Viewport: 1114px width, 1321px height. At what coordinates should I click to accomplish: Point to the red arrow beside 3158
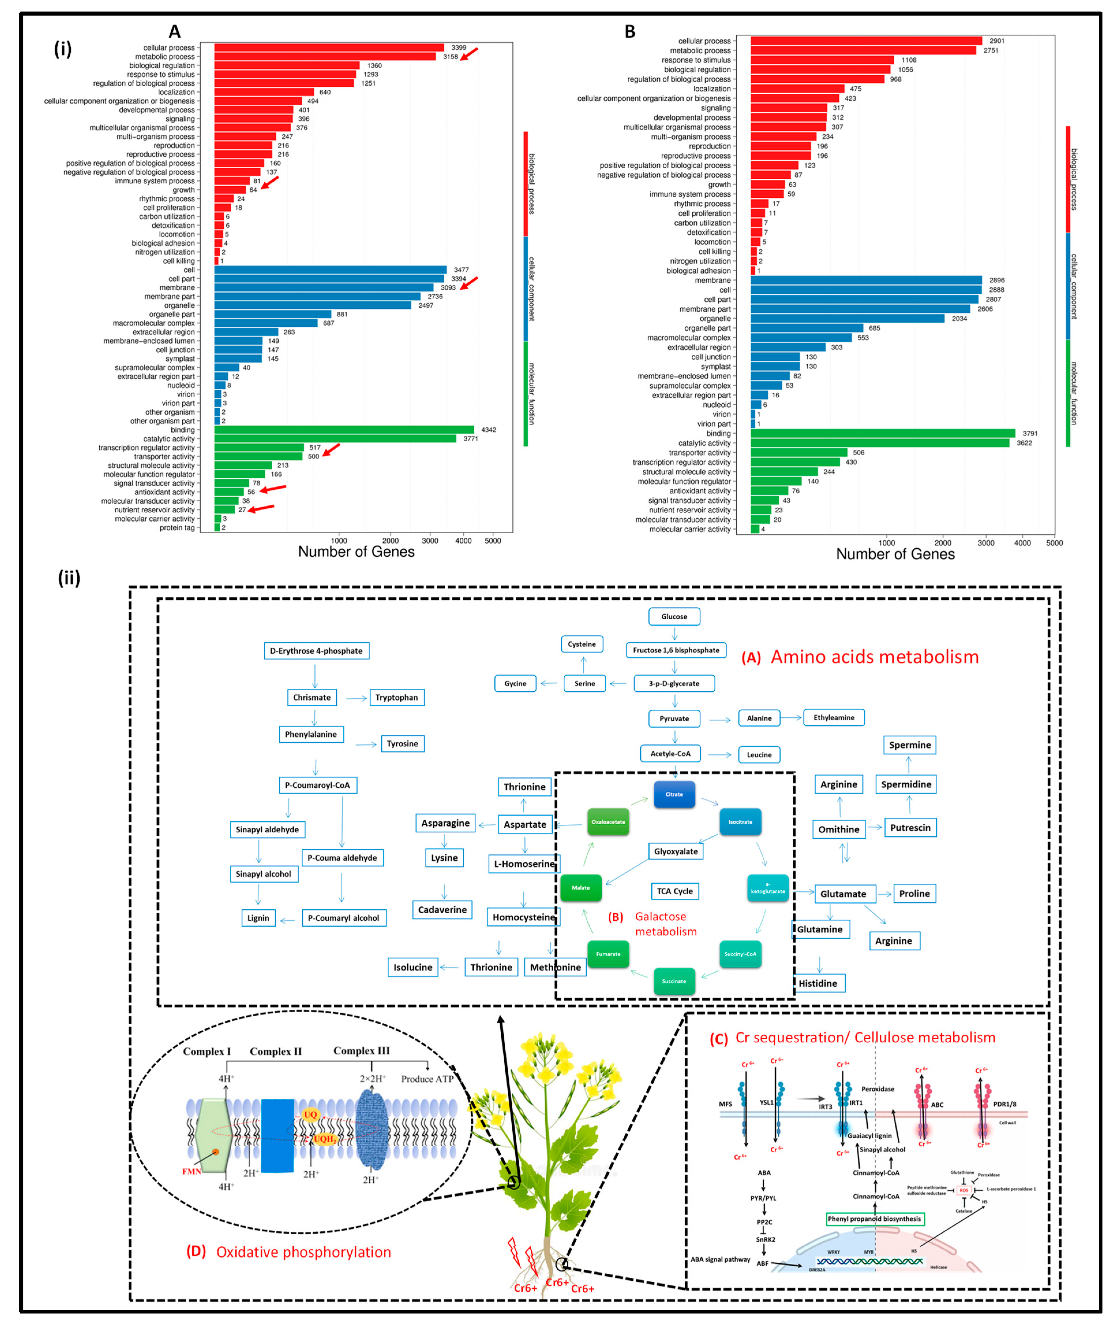click(x=469, y=54)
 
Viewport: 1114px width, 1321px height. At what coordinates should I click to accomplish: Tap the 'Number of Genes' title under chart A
click(x=356, y=552)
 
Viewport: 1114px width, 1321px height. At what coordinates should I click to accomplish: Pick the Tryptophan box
click(x=397, y=697)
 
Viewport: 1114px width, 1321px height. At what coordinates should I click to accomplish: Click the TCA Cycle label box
click(x=674, y=891)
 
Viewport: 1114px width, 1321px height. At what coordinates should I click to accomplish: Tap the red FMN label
click(x=191, y=1171)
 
